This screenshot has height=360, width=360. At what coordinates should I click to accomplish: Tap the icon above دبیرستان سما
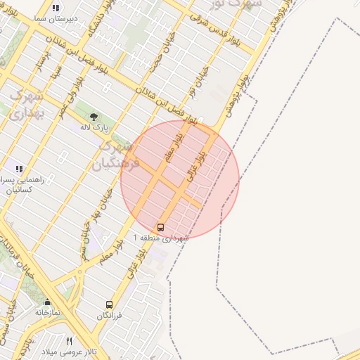(x=55, y=8)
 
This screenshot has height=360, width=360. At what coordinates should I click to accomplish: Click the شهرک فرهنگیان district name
(x=117, y=155)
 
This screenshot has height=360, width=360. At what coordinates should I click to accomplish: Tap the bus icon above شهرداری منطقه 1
(x=161, y=227)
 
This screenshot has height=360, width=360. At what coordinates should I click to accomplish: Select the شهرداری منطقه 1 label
(x=161, y=239)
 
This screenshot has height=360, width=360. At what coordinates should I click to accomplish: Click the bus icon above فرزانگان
(x=109, y=304)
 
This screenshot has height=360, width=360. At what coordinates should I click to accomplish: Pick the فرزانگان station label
(x=109, y=316)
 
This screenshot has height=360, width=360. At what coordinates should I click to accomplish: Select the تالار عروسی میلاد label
(x=68, y=352)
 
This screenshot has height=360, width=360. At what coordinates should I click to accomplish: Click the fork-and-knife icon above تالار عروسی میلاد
(x=68, y=341)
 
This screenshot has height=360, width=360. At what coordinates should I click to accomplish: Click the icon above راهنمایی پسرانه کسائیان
(x=19, y=169)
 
